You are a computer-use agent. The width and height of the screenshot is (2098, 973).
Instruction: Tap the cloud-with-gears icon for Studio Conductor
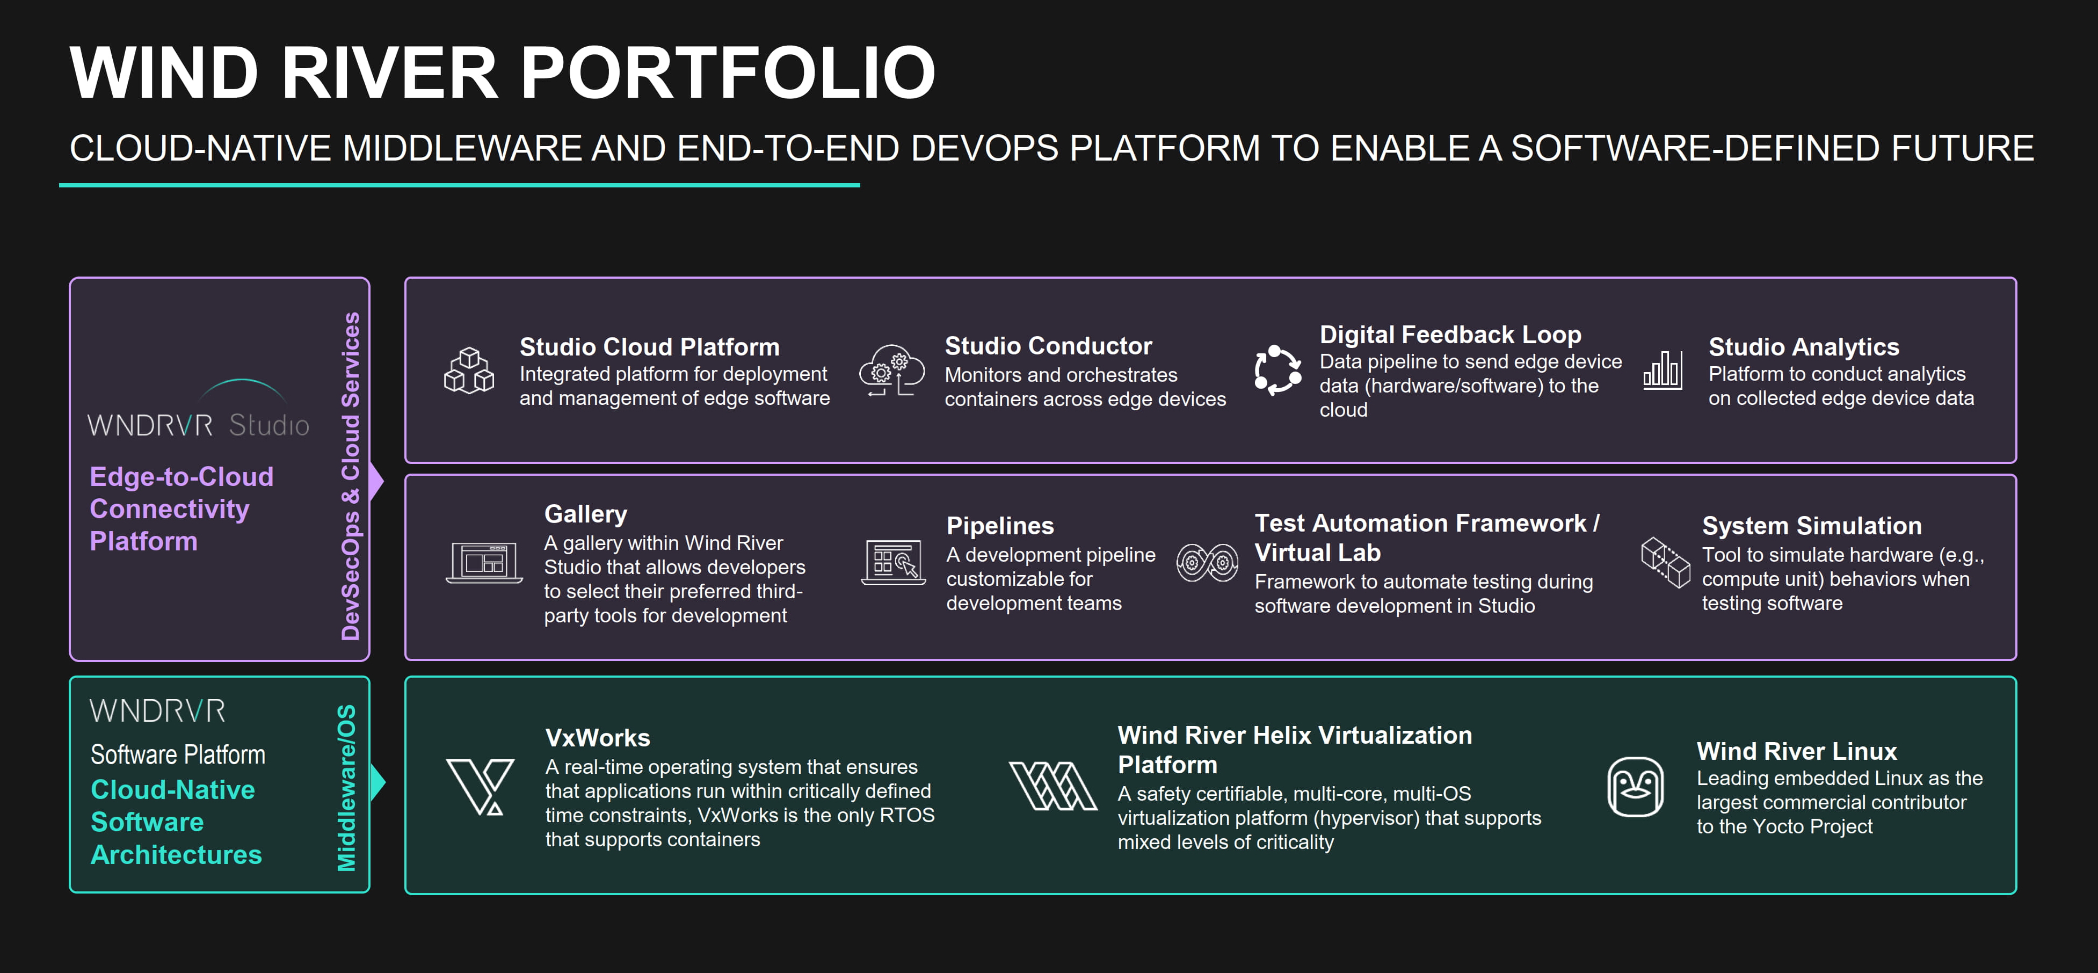tap(892, 371)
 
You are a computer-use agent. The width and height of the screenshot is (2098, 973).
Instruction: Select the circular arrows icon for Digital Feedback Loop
tap(1277, 371)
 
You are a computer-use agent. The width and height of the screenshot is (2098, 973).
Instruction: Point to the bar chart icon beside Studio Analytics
tap(1663, 371)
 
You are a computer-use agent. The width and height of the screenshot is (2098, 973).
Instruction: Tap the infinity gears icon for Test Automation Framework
tap(1207, 562)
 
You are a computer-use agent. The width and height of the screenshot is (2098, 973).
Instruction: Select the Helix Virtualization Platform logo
tap(1052, 786)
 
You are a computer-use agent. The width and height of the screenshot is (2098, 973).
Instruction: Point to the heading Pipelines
tap(999, 526)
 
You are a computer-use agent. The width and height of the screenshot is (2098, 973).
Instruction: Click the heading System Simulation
tap(1811, 526)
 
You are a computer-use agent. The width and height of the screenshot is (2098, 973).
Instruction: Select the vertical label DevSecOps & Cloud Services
tap(350, 476)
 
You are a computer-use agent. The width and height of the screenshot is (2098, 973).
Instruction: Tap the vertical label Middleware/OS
tap(347, 787)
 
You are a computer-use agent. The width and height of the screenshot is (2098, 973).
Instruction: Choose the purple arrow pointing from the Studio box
tap(376, 481)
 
